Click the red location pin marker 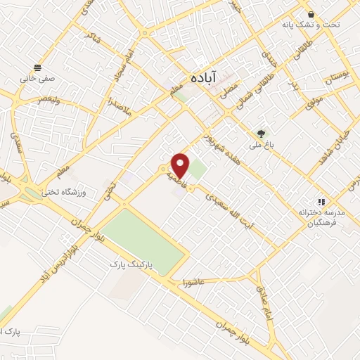pyautogui.click(x=181, y=165)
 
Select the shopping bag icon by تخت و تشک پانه pyautogui.click(x=311, y=14)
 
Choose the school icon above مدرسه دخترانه pyautogui.click(x=321, y=201)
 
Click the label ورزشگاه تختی pyautogui.click(x=62, y=191)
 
